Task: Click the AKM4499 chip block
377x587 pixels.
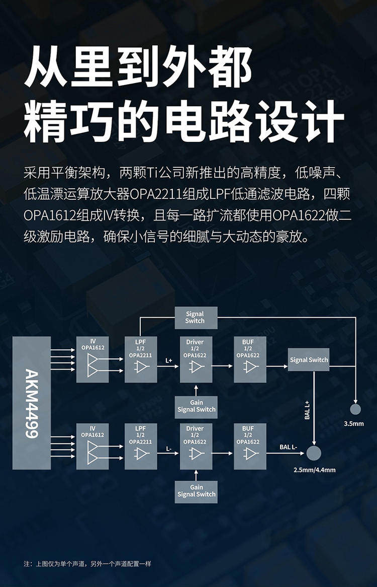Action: (x=32, y=403)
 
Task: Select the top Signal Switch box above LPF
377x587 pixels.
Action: (x=195, y=318)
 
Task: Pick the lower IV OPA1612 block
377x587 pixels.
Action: (x=92, y=446)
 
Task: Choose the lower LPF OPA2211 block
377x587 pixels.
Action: (x=141, y=446)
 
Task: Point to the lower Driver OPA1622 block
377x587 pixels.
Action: (x=196, y=446)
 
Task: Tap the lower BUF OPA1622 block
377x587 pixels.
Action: (x=250, y=446)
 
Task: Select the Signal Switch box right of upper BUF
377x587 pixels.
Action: (x=309, y=359)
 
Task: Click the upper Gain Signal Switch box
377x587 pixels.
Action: (x=196, y=406)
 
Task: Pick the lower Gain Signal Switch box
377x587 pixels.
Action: (x=196, y=491)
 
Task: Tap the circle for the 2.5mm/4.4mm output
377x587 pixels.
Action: (x=314, y=453)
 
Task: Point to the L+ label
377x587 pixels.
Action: (x=168, y=361)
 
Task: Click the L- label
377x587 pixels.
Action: (x=168, y=448)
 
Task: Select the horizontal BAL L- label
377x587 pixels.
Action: (x=289, y=447)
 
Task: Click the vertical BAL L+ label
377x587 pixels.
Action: (x=307, y=409)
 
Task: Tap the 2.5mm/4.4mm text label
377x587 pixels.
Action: (x=314, y=470)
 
